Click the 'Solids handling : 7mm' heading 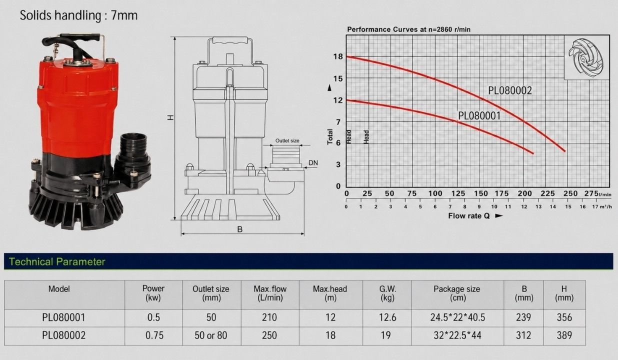point(78,15)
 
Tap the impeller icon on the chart point(586,57)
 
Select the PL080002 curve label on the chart point(510,90)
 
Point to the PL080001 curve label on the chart point(479,115)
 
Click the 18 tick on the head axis point(338,56)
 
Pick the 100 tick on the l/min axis point(435,193)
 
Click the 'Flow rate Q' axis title point(468,215)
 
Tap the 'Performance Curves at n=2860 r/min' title point(408,29)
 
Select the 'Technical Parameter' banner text point(57,261)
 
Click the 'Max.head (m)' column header point(330,293)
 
